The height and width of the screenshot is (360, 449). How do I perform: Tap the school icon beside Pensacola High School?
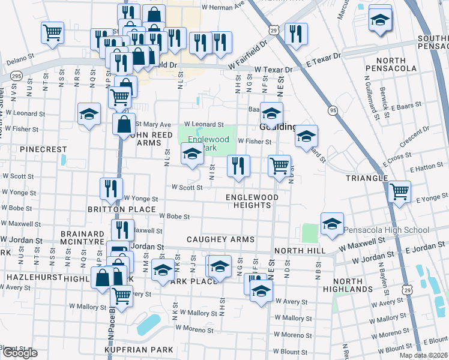click(332, 224)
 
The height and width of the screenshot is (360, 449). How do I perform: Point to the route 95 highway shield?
click(332, 110)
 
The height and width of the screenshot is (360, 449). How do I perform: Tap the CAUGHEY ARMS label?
click(220, 239)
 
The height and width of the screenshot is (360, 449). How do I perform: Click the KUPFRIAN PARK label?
click(137, 349)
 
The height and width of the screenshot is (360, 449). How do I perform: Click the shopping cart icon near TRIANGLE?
click(399, 192)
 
